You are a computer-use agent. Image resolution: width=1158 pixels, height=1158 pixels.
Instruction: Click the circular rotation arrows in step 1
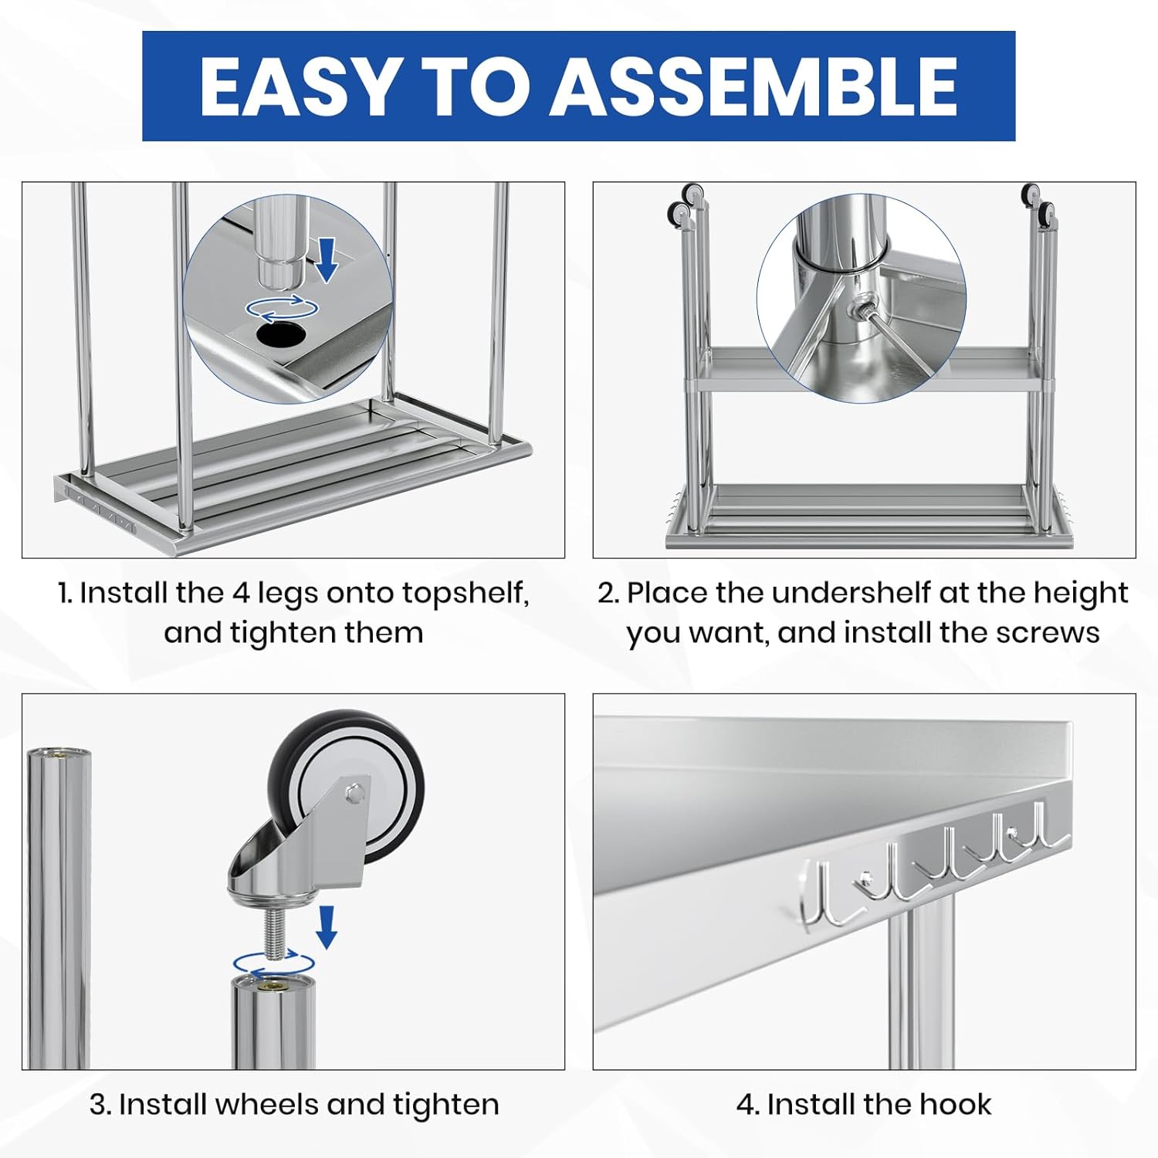pyautogui.click(x=282, y=308)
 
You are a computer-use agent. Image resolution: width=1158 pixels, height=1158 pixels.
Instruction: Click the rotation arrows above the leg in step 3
pyautogui.click(x=274, y=964)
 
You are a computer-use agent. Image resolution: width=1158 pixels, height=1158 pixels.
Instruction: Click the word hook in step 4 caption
pyautogui.click(x=956, y=1104)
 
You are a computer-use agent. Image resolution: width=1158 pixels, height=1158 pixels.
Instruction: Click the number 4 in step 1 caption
pyautogui.click(x=241, y=593)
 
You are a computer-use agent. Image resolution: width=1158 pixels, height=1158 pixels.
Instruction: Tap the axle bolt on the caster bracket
pyautogui.click(x=354, y=793)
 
